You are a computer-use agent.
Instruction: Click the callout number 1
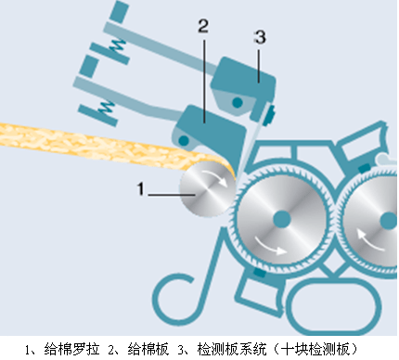142,189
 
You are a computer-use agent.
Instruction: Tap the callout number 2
202,26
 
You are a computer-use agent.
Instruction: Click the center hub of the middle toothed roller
278,218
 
